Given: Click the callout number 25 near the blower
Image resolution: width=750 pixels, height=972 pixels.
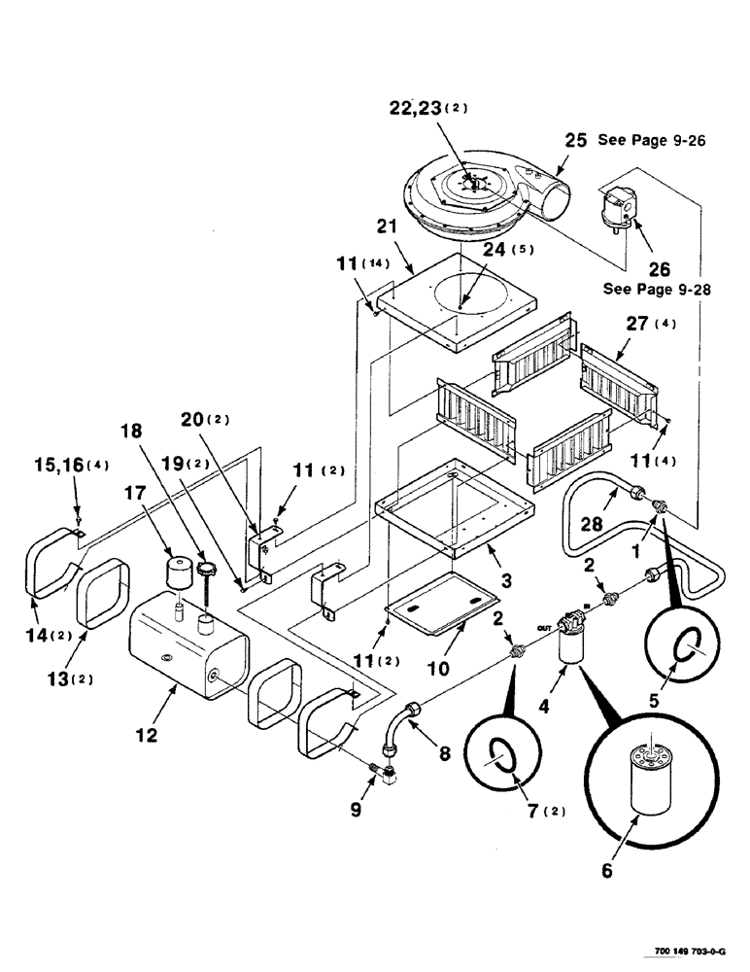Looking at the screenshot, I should tap(576, 141).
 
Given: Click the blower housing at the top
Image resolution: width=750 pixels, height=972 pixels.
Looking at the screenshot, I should tap(476, 198).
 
